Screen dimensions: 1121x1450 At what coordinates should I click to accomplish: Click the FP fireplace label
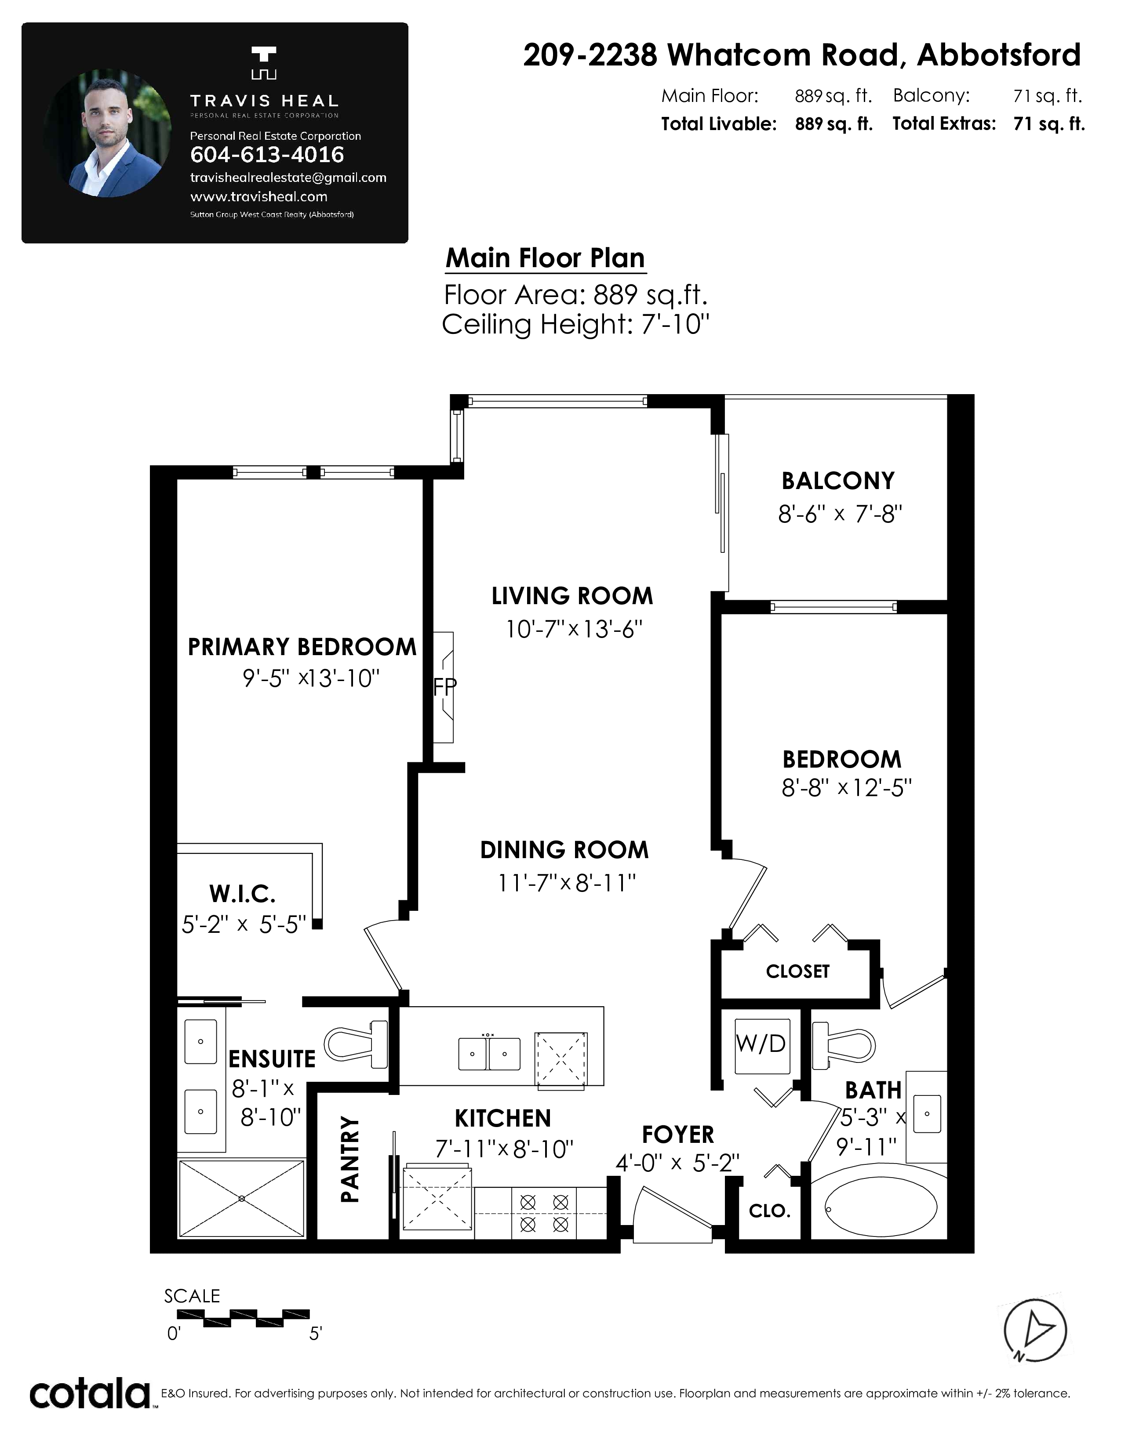[x=445, y=686]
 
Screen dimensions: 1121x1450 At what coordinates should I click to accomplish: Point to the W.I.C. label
[x=242, y=894]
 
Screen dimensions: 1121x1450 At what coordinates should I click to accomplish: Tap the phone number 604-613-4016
[x=267, y=155]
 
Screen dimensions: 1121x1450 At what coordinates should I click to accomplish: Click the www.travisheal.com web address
[x=258, y=196]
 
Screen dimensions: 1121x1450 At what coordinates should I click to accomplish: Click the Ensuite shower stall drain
[x=242, y=1198]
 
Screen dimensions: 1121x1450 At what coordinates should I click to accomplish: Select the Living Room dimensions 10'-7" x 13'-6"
[x=575, y=629]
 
